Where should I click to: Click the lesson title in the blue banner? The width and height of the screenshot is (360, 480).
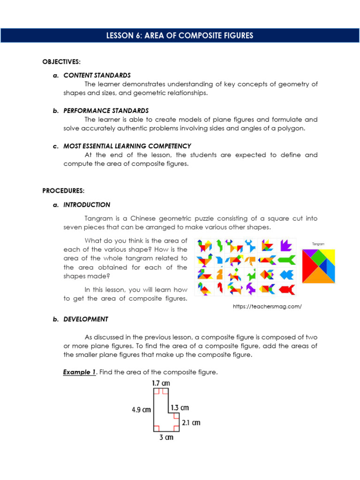180,36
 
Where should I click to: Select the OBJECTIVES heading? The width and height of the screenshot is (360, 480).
61,62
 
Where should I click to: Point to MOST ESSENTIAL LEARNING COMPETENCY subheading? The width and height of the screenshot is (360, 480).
127,146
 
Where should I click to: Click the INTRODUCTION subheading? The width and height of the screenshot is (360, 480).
87,205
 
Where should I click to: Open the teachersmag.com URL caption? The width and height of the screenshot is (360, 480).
267,307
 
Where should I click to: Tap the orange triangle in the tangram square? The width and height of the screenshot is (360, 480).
319,276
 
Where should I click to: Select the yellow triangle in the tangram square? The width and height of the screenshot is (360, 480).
329,254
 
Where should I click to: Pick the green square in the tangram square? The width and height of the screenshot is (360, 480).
318,257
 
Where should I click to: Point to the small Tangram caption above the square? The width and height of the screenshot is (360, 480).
318,244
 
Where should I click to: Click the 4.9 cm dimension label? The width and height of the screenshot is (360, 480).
141,409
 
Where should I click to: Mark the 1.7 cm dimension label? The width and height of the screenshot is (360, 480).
161,383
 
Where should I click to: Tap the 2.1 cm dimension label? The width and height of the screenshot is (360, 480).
191,422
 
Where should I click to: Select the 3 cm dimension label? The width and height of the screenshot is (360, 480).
166,437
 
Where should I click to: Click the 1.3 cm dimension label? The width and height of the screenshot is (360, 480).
180,408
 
